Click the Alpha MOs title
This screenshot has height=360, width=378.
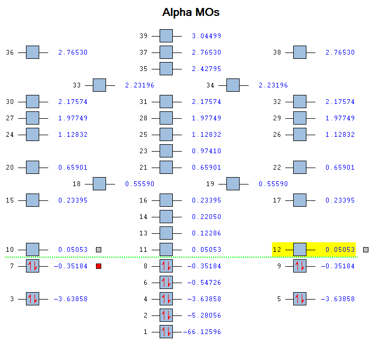[x=191, y=12]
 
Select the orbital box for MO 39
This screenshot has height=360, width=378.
[x=166, y=36]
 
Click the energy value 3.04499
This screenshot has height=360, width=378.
[x=206, y=36]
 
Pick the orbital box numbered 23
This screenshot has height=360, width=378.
[x=166, y=151]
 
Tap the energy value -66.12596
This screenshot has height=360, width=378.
[x=202, y=332]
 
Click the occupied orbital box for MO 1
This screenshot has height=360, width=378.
[x=166, y=332]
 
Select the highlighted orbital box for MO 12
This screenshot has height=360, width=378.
[x=300, y=250]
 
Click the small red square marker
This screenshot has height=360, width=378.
[x=99, y=266]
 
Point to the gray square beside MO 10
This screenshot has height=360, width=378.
[x=99, y=250]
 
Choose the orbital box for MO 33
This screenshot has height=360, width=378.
[x=99, y=85]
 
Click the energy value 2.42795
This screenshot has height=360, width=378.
[x=206, y=69]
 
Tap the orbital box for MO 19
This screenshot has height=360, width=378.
[x=233, y=184]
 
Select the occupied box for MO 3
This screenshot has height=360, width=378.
[x=32, y=299]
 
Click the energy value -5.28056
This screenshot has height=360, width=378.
[x=204, y=315]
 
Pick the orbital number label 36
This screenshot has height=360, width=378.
[x=10, y=52]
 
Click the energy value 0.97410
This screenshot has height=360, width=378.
[x=206, y=151]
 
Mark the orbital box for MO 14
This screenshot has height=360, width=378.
[x=166, y=217]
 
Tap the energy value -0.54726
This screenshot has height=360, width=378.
[x=204, y=283]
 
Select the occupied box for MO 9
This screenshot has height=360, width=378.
[x=300, y=266]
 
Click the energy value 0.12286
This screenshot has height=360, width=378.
[x=206, y=233]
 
